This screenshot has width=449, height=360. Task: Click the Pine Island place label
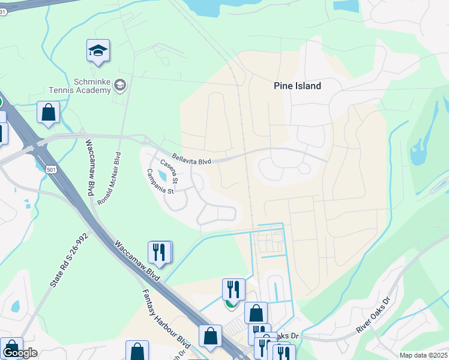(297, 86)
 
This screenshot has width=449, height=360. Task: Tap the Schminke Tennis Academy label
(92, 86)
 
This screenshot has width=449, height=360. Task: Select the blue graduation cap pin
(98, 52)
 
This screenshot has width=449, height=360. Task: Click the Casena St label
(169, 172)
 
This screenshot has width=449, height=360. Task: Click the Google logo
(20, 353)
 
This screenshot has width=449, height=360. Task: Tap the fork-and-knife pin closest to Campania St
(158, 252)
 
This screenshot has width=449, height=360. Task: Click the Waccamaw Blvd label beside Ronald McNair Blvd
(90, 163)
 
